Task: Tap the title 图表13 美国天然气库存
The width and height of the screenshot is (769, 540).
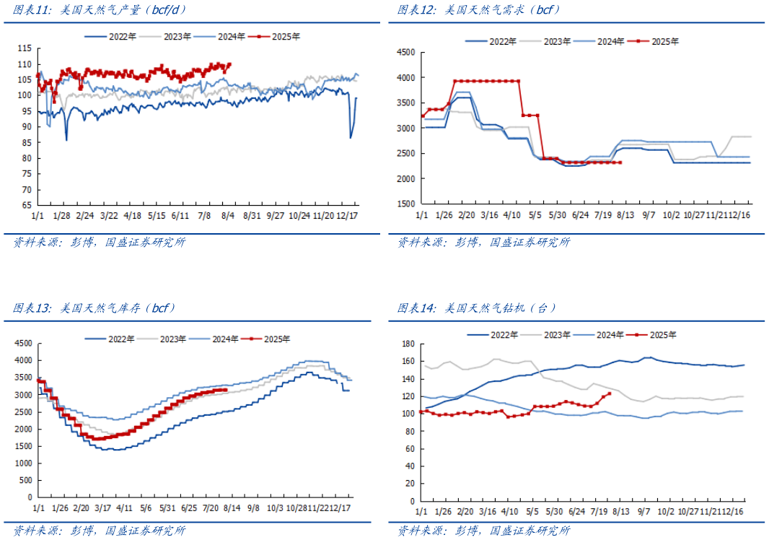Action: [x=94, y=308]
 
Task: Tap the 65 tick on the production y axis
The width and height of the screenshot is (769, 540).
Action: [x=27, y=204]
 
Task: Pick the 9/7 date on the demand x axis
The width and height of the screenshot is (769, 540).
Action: [x=649, y=215]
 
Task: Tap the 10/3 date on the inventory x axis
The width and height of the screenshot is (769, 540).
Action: [x=276, y=508]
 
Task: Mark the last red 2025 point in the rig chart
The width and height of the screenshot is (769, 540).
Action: [x=610, y=393]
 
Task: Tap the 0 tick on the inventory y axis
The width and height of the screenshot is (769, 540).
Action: [x=30, y=497]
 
